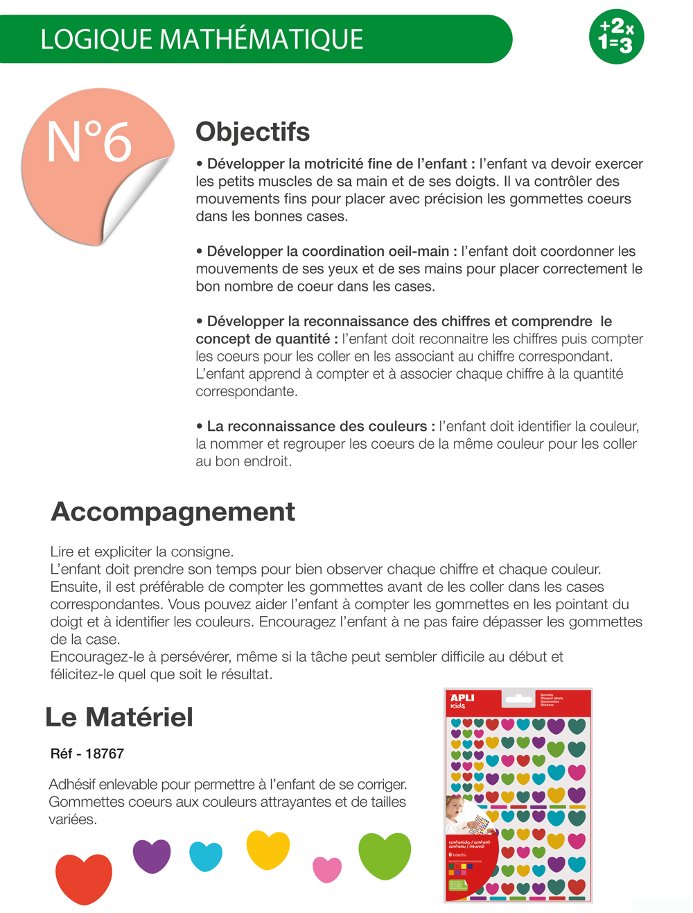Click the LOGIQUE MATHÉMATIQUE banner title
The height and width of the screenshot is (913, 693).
202,40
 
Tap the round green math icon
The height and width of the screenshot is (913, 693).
616,37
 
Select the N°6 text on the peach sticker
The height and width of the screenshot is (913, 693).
89,142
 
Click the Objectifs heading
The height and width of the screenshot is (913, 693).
252,132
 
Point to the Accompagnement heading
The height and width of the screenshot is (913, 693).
173,512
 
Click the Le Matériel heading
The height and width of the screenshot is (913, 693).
119,717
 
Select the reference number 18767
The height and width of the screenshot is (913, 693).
105,753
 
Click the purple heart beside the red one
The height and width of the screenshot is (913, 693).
152,855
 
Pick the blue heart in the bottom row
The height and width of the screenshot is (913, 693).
206,856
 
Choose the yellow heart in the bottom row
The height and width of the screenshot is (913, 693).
268,848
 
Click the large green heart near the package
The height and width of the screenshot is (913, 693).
385,855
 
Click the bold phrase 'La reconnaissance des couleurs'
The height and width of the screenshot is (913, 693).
317,427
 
